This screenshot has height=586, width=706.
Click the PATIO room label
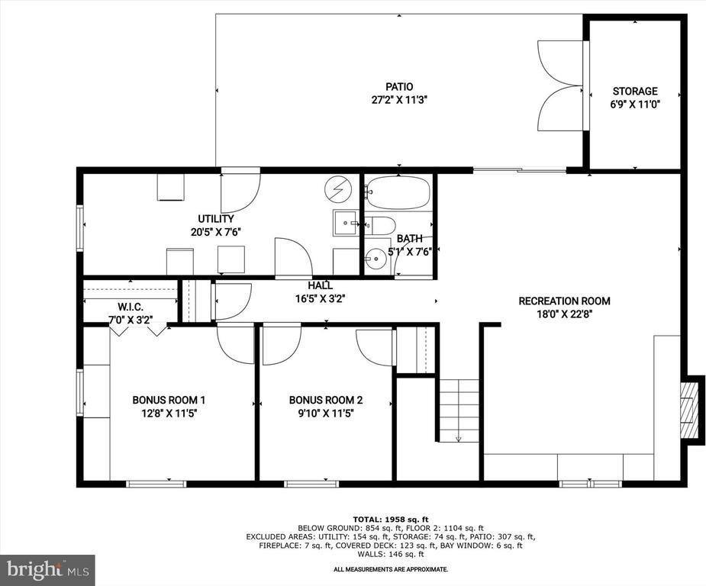tap(399, 87)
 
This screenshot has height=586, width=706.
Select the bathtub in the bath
tap(397, 193)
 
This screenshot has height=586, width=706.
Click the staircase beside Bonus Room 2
tap(459, 411)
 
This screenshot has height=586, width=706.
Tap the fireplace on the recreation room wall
tap(691, 409)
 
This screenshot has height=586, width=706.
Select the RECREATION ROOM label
tap(564, 301)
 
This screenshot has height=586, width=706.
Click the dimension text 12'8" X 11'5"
tap(169, 413)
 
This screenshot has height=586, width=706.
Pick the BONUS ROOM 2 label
tap(325, 400)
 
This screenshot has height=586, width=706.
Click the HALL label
tap(320, 285)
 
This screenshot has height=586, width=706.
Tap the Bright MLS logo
tap(47, 569)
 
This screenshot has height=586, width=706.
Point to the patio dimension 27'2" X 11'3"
tap(399, 99)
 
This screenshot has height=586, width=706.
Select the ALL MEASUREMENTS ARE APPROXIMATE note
tap(390, 569)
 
